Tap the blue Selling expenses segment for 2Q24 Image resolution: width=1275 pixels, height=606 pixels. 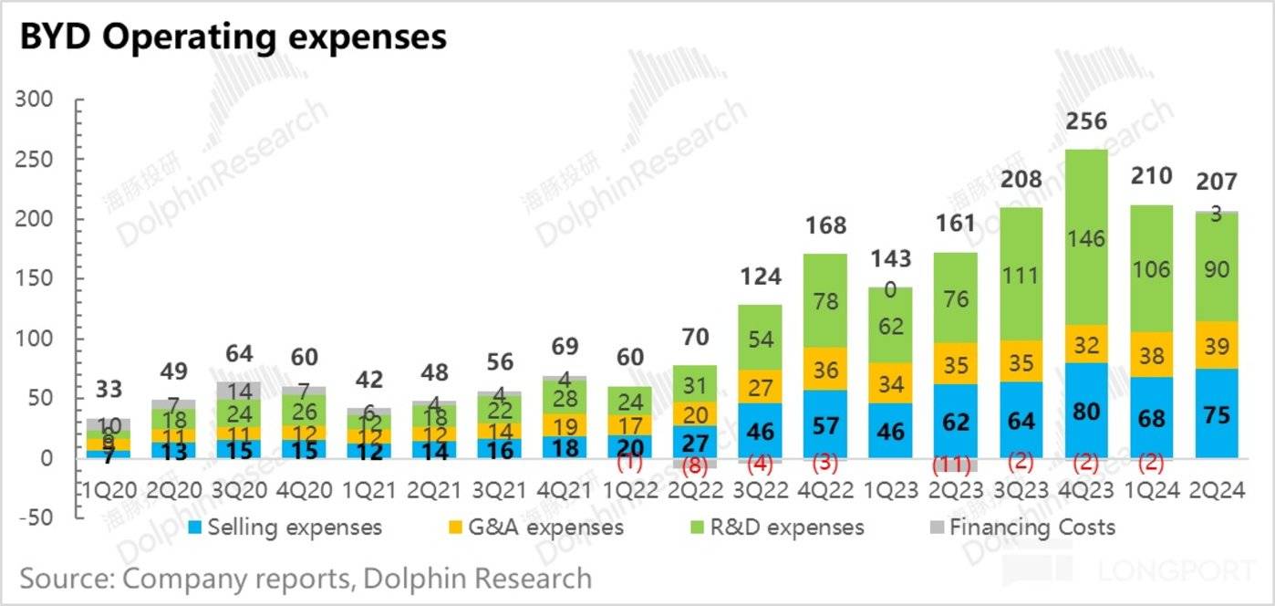coord(1217,413)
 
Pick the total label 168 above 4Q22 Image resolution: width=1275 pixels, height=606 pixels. coord(825,225)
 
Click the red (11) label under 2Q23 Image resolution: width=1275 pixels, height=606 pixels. coord(955,465)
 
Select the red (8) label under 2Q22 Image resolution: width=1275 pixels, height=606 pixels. coord(695,465)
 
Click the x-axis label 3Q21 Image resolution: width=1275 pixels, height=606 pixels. coord(500,491)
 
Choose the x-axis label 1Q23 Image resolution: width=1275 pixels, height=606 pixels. coord(890,491)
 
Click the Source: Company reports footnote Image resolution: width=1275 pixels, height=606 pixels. coord(306,579)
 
